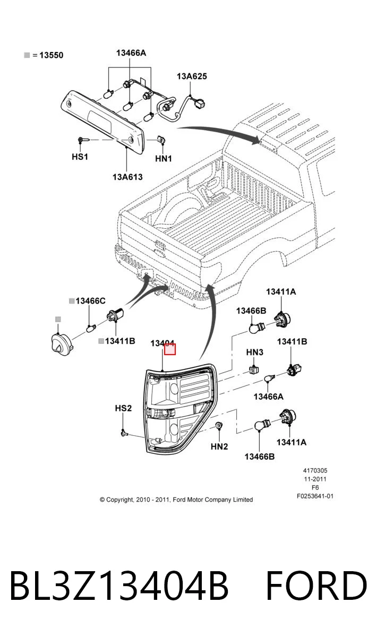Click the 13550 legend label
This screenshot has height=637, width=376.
tap(51, 55)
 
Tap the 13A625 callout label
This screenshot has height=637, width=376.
tap(192, 76)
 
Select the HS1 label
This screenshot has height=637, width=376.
tap(80, 157)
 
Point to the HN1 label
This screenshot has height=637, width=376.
tap(164, 158)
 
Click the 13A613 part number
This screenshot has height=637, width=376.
tap(127, 177)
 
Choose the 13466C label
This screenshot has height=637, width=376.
tap(90, 300)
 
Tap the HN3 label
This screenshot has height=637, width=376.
tap(254, 352)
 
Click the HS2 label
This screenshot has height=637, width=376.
tap(123, 408)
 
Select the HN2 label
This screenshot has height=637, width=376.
tap(219, 446)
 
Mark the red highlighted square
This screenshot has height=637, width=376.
tap(170, 349)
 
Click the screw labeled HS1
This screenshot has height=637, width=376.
tap(83, 140)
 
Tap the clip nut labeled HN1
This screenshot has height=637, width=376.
tap(162, 140)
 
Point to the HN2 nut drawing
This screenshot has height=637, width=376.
tap(219, 426)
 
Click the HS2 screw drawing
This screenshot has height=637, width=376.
tap(124, 433)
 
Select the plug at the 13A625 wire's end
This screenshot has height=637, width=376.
tap(199, 104)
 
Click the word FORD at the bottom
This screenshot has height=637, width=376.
tap(317, 586)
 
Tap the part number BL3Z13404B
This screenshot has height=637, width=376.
tap(119, 586)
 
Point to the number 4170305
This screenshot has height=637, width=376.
tap(315, 471)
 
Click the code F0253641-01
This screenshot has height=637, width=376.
tap(315, 496)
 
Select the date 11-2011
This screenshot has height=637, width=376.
tap(315, 479)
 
